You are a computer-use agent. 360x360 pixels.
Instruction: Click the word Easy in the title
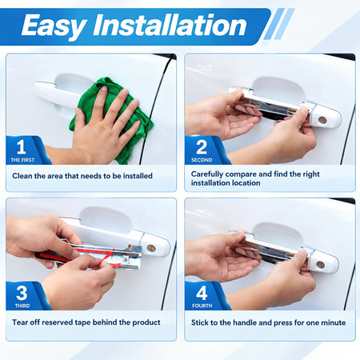pos(54,26)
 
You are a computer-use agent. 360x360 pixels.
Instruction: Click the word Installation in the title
pos(170,25)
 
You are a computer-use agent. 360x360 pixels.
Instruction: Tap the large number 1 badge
pos(21,147)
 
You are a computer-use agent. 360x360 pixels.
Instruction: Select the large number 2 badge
pos(202,147)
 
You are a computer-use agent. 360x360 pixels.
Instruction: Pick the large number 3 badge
pos(22,293)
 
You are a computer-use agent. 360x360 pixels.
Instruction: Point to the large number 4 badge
pos(202,293)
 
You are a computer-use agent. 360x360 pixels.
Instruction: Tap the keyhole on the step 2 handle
pos(322,120)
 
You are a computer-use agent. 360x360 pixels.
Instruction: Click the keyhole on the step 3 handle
pos(151,248)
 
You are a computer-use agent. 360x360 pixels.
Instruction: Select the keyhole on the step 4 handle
pos(320,265)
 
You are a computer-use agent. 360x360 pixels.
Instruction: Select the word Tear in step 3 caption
pos(20,322)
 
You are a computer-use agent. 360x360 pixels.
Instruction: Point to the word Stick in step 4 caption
pos(200,322)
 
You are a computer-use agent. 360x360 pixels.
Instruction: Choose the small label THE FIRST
pos(22,160)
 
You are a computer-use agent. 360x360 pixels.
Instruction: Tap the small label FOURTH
pos(202,306)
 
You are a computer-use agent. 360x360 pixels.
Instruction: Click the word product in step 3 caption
pos(146,322)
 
